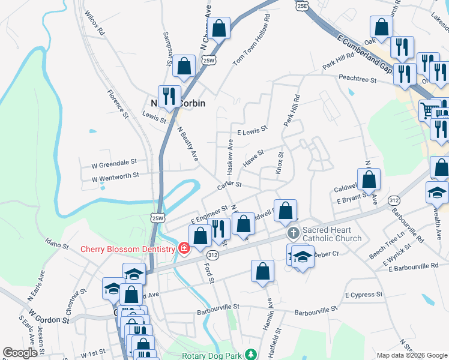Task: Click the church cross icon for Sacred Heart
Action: (293, 232)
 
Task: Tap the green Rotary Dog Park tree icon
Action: (254, 355)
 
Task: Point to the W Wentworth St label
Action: (115, 176)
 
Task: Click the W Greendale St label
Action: (114, 161)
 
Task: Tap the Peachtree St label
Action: (357, 79)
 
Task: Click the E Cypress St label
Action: (364, 295)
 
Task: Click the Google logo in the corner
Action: (20, 353)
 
